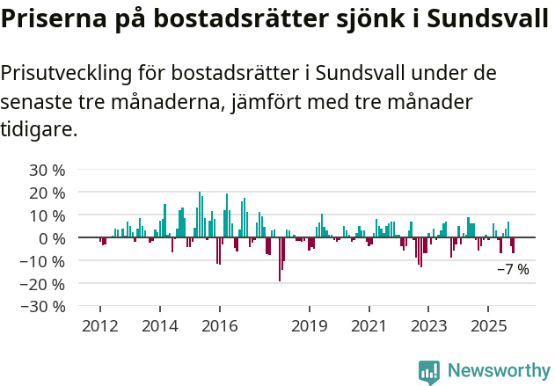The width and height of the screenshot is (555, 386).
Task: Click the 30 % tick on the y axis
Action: (47, 170)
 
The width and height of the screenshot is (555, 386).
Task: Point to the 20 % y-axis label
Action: (47, 193)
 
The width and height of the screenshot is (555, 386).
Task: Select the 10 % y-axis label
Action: (47, 215)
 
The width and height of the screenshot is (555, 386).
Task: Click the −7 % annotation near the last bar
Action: (513, 270)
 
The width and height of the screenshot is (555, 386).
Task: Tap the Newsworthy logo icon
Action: (429, 372)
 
